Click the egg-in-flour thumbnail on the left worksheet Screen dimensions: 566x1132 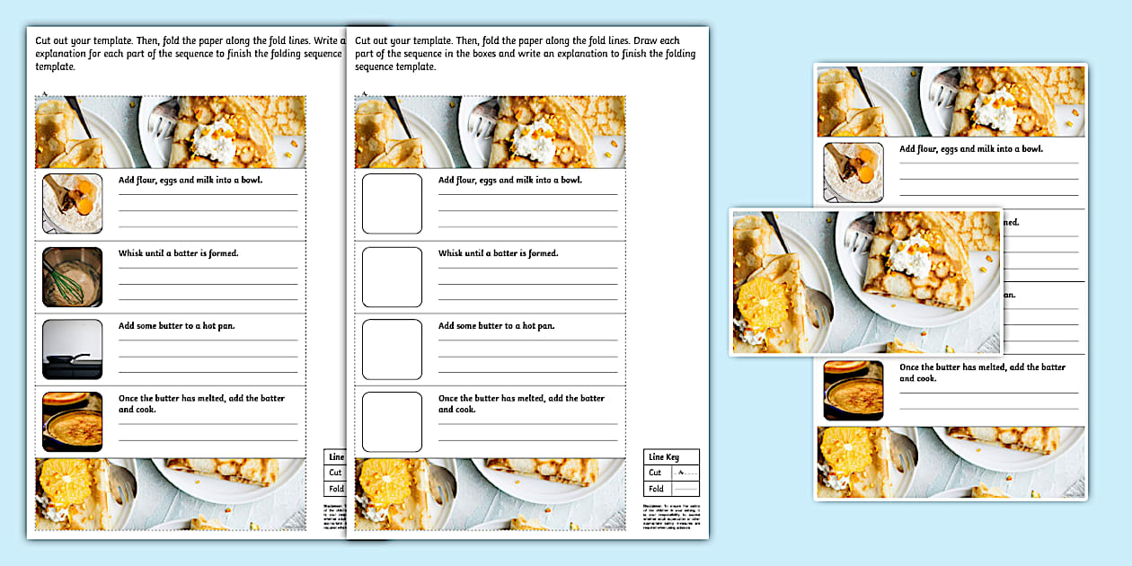(x=73, y=204)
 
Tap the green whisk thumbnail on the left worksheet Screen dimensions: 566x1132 (x=73, y=277)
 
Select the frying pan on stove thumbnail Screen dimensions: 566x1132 (x=73, y=349)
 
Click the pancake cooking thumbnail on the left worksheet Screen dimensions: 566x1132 (x=73, y=421)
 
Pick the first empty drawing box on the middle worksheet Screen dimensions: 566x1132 (x=392, y=204)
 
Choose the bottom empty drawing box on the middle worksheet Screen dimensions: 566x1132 (x=392, y=421)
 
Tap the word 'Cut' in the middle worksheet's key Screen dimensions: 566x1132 (x=655, y=473)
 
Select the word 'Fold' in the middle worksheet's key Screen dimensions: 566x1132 (x=656, y=489)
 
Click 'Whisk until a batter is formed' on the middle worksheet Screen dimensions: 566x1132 (x=498, y=253)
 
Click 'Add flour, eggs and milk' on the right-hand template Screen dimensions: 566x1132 (x=970, y=149)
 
